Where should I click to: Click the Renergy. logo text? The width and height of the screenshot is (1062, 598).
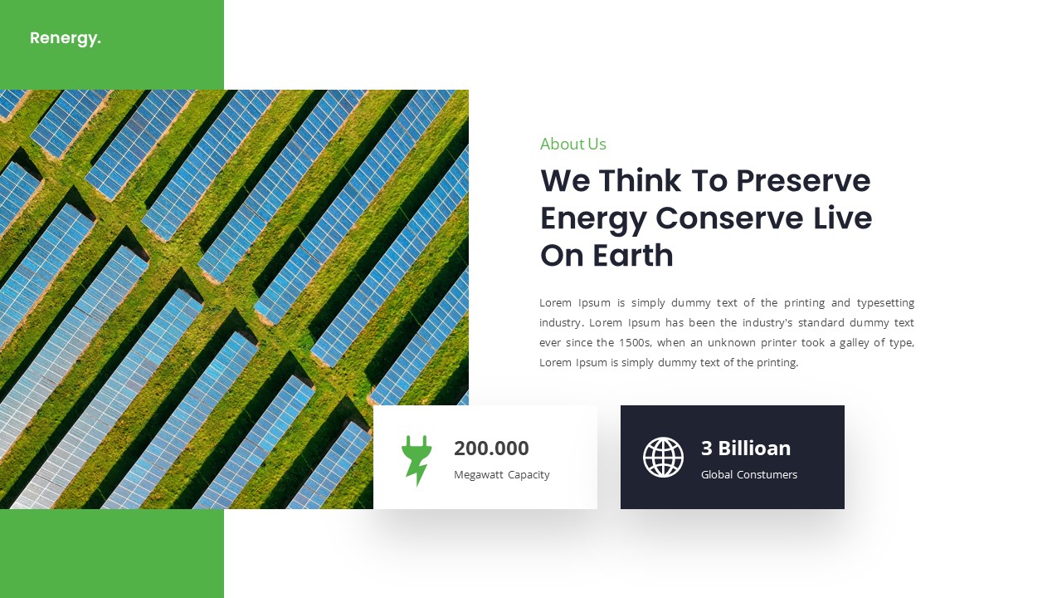tap(65, 38)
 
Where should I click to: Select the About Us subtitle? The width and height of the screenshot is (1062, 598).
tap(572, 144)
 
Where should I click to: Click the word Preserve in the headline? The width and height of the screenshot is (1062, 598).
tap(803, 180)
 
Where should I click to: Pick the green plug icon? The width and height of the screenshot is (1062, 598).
tap(416, 459)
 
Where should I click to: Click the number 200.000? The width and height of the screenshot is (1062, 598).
tap(491, 448)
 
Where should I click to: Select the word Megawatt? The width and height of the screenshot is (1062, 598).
tap(479, 475)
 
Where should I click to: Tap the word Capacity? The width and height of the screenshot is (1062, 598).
tap(529, 475)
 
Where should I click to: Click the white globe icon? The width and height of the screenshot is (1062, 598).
tap(663, 457)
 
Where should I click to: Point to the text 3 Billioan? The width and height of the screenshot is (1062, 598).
tap(745, 448)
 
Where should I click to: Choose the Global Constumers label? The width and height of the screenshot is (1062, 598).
tap(748, 475)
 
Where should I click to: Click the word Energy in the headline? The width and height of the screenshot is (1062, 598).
tap(592, 218)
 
